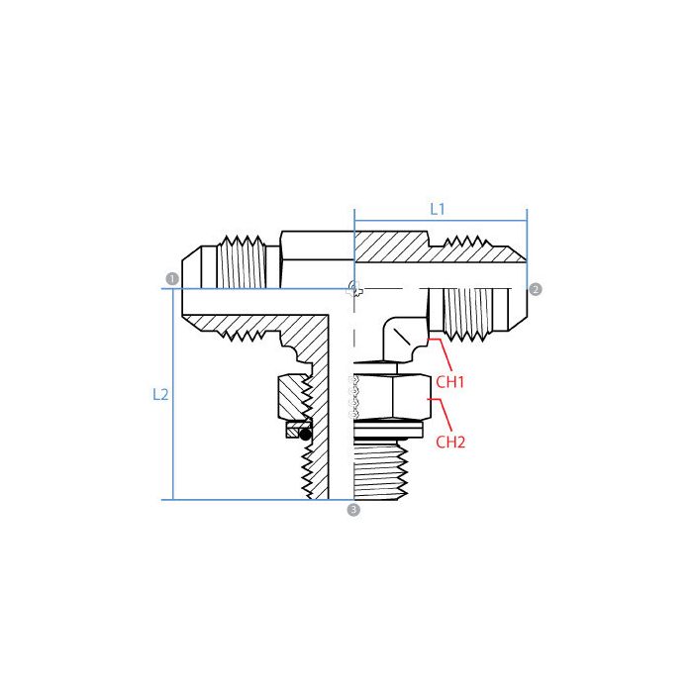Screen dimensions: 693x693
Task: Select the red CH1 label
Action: click(x=450, y=380)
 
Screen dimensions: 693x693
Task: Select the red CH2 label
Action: click(x=450, y=442)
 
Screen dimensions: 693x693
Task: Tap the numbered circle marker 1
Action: click(x=172, y=279)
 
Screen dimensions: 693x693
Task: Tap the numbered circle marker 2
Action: click(x=536, y=289)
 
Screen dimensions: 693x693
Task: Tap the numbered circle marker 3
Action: click(x=353, y=511)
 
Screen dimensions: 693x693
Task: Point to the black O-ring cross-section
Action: click(x=306, y=434)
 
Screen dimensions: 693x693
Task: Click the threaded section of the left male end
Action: click(x=243, y=262)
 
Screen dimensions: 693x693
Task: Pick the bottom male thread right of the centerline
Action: click(x=392, y=470)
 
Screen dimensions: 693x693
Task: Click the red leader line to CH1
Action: click(x=441, y=355)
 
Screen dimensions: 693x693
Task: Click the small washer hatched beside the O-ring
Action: click(x=292, y=432)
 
